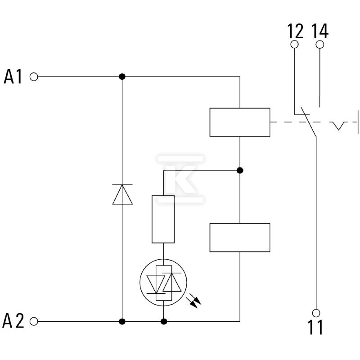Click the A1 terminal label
13,76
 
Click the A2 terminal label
13,321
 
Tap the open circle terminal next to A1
34,76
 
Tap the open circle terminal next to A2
34,321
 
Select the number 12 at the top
296,31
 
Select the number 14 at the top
320,31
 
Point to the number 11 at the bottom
315,327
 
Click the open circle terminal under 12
295,44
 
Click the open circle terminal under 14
320,44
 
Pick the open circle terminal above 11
316,313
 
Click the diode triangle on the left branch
122,194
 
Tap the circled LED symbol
163,283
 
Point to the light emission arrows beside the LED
194,301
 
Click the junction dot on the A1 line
122,76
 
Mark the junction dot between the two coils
240,171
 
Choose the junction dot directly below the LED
164,321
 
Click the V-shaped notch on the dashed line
338,126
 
